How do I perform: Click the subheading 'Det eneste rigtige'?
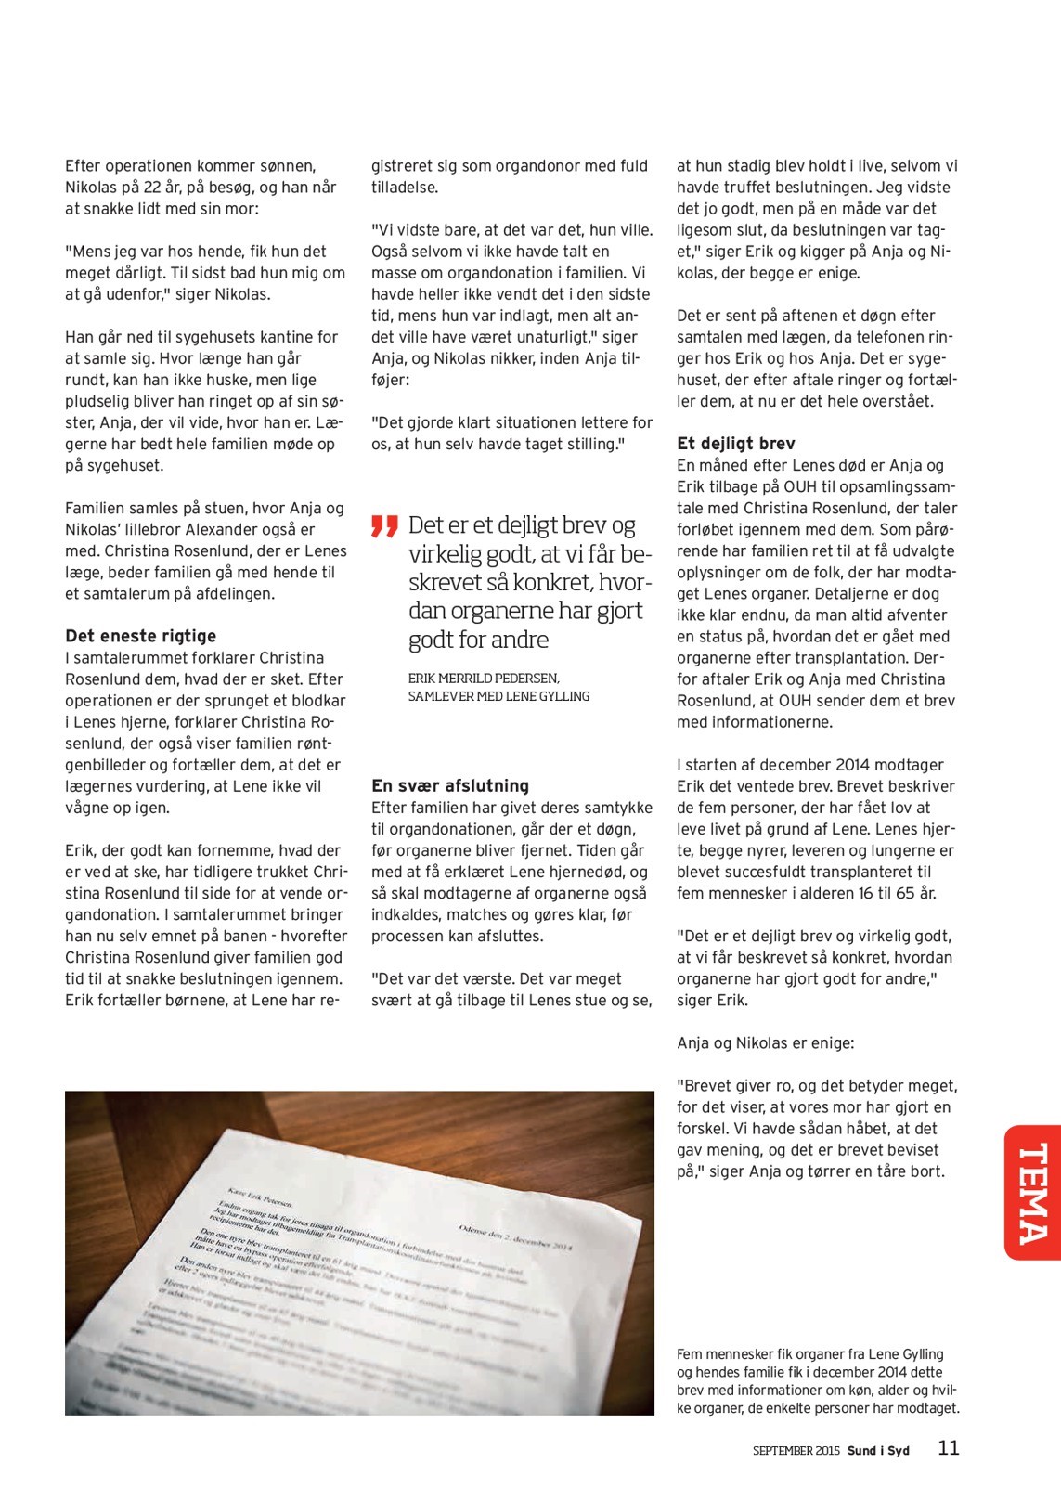click(140, 636)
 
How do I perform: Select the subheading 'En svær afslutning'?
click(449, 785)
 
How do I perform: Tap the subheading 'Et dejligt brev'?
click(735, 444)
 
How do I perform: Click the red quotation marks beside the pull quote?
click(384, 525)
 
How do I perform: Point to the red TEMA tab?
click(1032, 1192)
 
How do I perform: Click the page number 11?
click(948, 1448)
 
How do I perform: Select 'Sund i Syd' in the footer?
click(878, 1451)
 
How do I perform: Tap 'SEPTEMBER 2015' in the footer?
click(796, 1451)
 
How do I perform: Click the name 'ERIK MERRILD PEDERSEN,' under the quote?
click(484, 679)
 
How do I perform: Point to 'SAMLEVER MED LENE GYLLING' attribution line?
click(498, 696)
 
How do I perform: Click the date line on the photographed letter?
click(515, 1236)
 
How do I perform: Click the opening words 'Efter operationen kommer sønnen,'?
click(190, 166)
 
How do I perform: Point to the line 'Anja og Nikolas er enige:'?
click(765, 1043)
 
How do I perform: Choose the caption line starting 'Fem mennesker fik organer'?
click(809, 1354)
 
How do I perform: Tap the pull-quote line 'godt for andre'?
click(478, 640)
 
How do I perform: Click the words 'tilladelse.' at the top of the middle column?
click(405, 188)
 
